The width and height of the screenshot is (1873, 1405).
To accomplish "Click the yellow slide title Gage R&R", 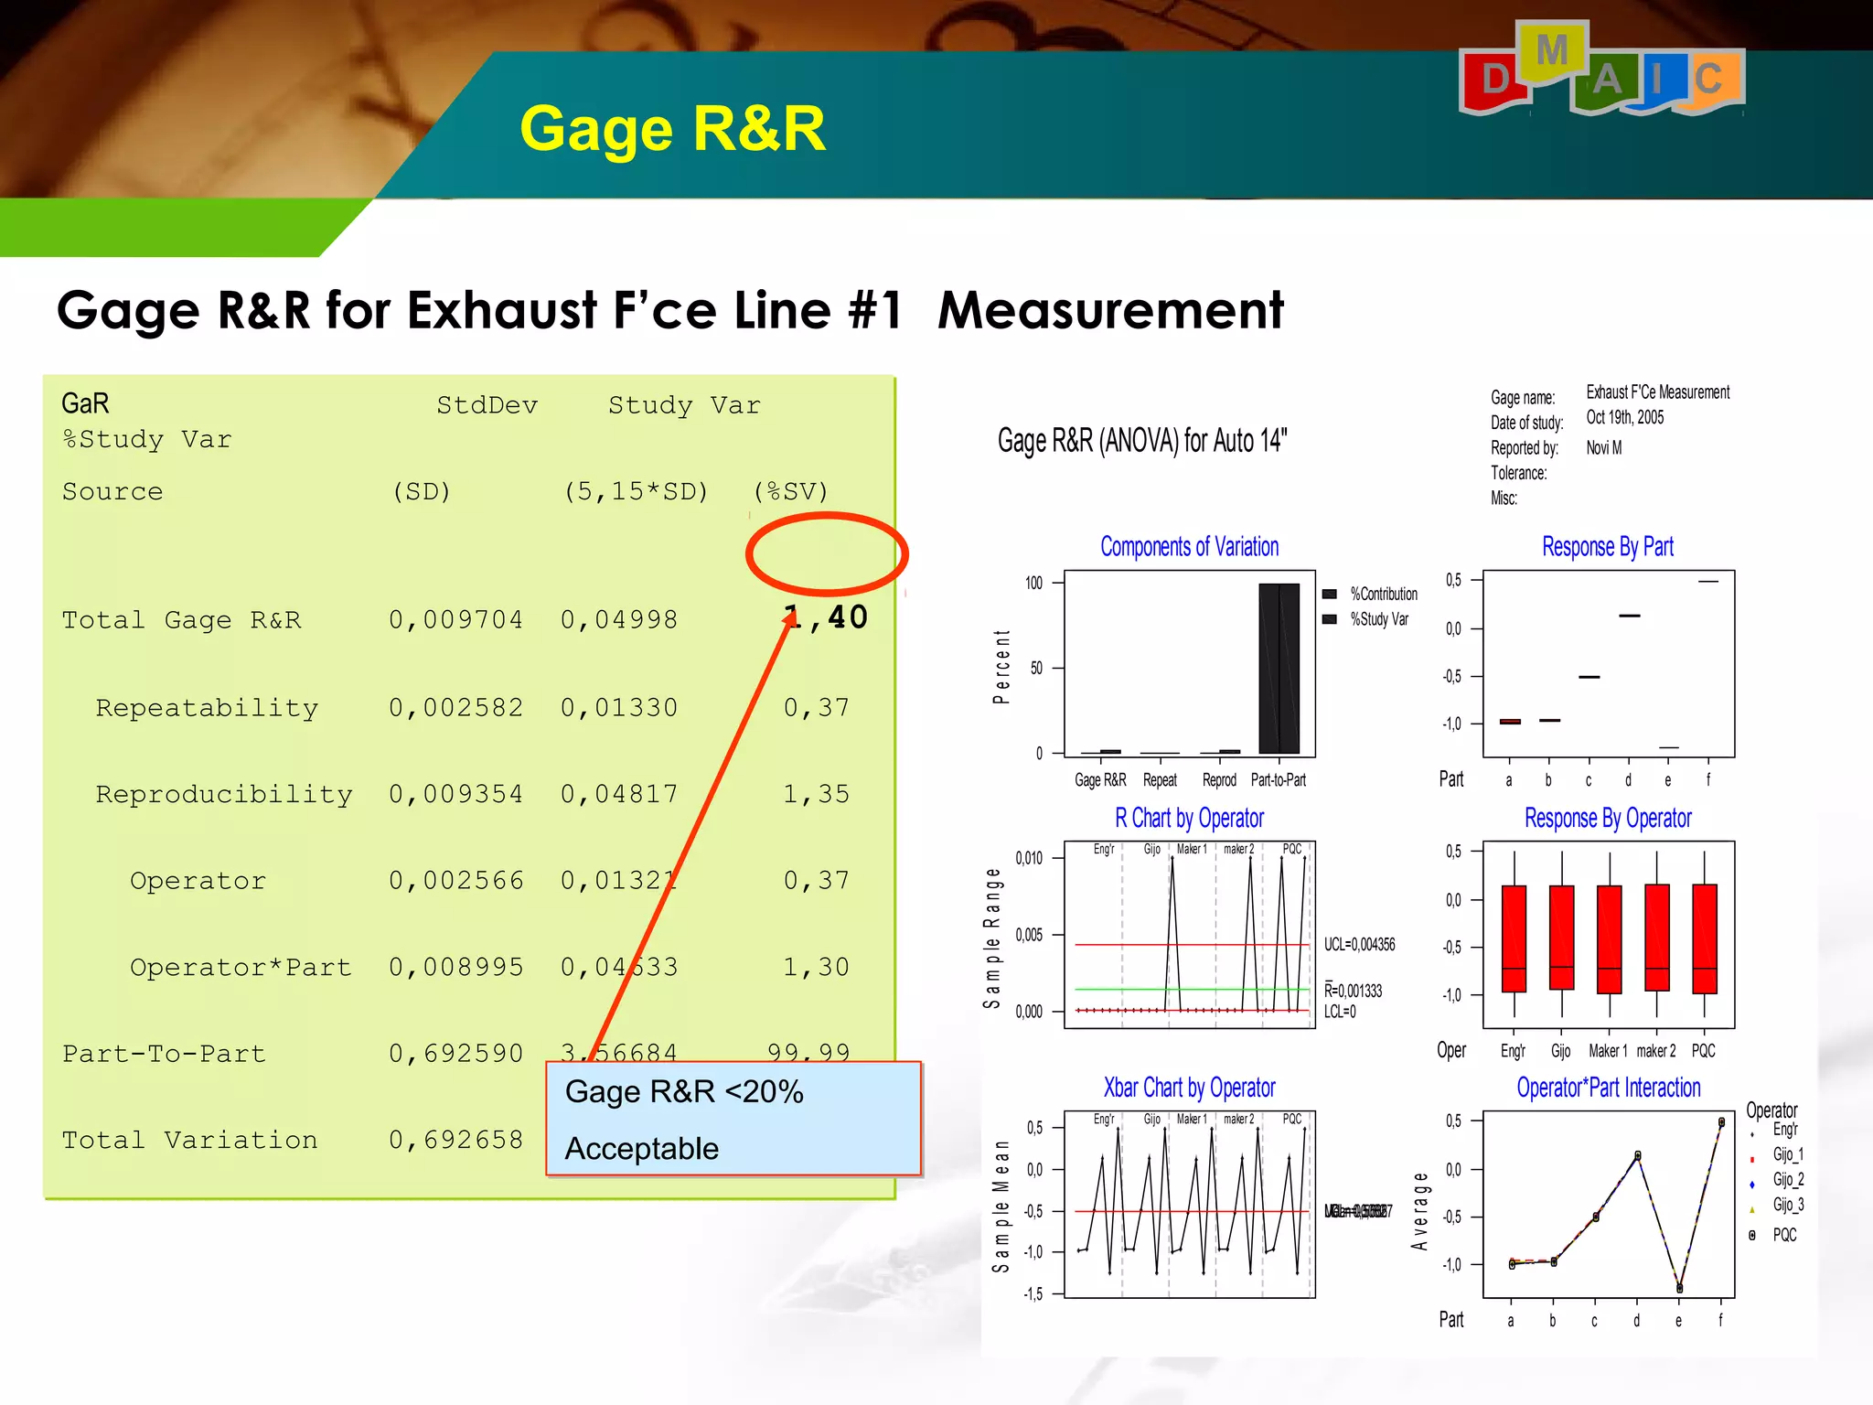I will click(672, 128).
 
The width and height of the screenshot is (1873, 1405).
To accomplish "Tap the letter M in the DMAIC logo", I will click(1552, 51).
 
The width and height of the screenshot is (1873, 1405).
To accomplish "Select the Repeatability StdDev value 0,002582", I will click(455, 707).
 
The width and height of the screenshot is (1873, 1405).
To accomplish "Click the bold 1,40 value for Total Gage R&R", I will click(826, 617).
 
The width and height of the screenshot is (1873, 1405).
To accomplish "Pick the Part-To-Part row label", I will click(164, 1054).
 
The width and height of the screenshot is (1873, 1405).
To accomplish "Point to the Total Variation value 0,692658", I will click(455, 1140).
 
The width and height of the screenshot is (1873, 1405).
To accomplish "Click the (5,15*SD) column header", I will click(636, 491).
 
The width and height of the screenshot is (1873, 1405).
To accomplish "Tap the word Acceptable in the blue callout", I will click(641, 1148).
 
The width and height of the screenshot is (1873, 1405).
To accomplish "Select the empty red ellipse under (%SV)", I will click(826, 554).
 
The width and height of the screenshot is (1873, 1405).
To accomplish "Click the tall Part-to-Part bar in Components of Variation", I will click(1279, 668).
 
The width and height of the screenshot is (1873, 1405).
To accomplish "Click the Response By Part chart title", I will click(1607, 547).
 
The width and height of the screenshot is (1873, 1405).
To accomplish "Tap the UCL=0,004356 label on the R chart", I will click(1359, 944).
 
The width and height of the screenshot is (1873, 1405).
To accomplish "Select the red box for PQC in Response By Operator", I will click(1704, 938).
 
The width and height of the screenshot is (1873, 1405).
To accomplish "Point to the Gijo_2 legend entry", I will click(1787, 1179).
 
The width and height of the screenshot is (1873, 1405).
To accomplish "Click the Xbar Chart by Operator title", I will click(1189, 1088).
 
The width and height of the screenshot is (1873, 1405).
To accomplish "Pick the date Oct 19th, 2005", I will click(1624, 418).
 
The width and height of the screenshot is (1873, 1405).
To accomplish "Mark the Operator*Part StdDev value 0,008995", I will click(455, 967).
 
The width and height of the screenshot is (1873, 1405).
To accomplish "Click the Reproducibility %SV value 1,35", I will click(816, 793).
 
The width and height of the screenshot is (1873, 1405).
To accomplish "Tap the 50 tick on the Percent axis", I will click(1036, 668).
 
